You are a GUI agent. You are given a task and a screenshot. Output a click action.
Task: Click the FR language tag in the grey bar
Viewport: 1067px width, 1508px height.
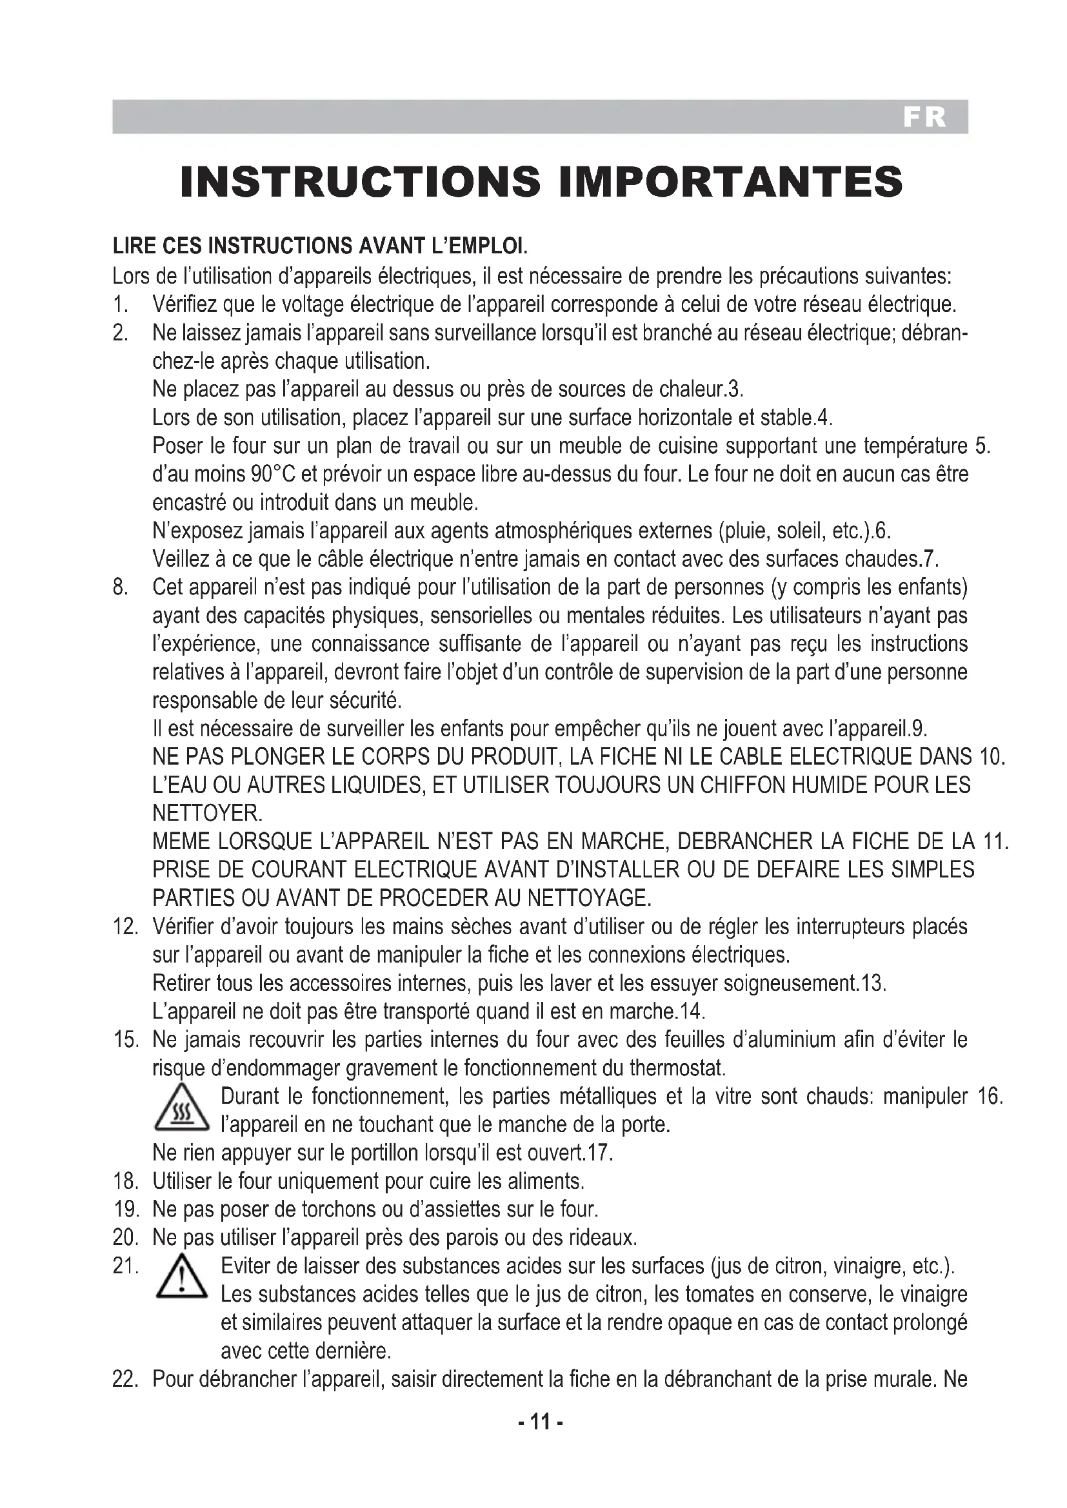[924, 117]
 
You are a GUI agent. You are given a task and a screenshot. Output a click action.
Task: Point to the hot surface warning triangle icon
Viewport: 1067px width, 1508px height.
[181, 1110]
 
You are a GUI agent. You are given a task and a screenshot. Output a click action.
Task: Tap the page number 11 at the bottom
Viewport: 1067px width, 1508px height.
[540, 1422]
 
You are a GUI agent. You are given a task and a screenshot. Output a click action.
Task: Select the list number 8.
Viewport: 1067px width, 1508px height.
[120, 587]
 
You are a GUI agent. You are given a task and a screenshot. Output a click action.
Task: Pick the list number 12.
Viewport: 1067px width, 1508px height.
[125, 926]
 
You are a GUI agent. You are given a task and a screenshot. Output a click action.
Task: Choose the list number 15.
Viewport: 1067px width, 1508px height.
[125, 1041]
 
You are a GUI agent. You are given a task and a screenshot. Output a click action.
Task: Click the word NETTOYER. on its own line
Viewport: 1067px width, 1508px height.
[208, 814]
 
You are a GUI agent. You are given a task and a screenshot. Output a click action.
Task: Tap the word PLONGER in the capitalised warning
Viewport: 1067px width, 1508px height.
[270, 757]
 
